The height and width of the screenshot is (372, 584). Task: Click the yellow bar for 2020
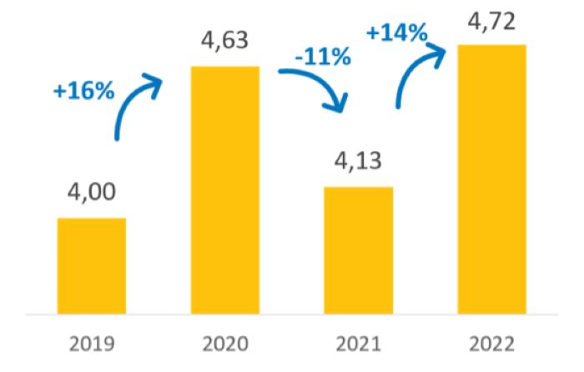tap(225, 190)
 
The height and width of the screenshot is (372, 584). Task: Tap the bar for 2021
tap(359, 251)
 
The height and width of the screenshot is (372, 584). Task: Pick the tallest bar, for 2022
tap(492, 179)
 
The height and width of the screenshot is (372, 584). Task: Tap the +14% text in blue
tap(397, 33)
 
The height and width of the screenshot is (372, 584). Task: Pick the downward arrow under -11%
tap(317, 88)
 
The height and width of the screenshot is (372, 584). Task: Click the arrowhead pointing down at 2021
tap(338, 105)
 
